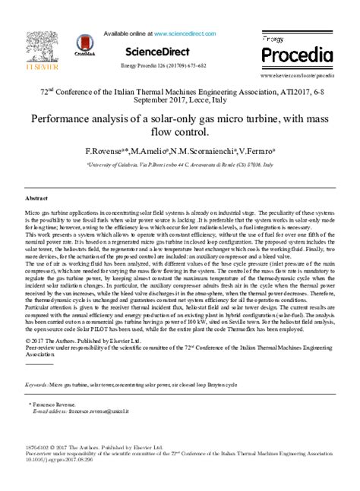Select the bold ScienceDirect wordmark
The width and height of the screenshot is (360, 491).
[x=158, y=52]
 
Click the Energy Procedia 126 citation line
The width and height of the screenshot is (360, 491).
[x=157, y=66]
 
